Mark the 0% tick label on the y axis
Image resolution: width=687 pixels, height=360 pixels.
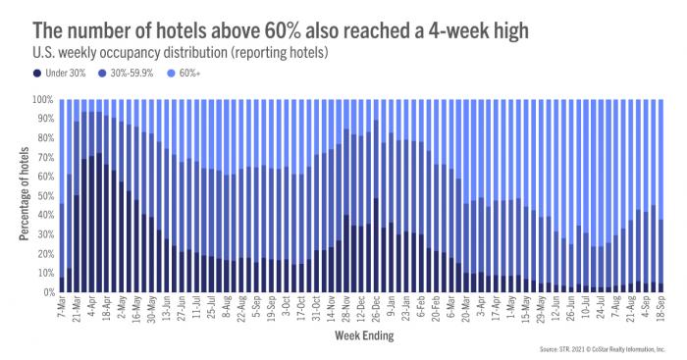pos(45,292)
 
